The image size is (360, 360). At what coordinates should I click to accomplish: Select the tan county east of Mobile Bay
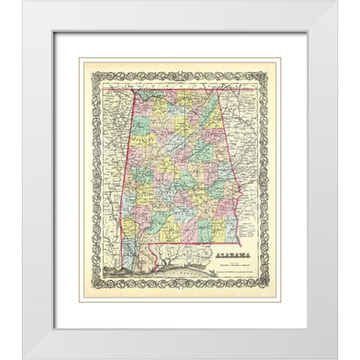pyautogui.click(x=151, y=259)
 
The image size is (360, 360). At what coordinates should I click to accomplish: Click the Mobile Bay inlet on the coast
pyautogui.click(x=140, y=265)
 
